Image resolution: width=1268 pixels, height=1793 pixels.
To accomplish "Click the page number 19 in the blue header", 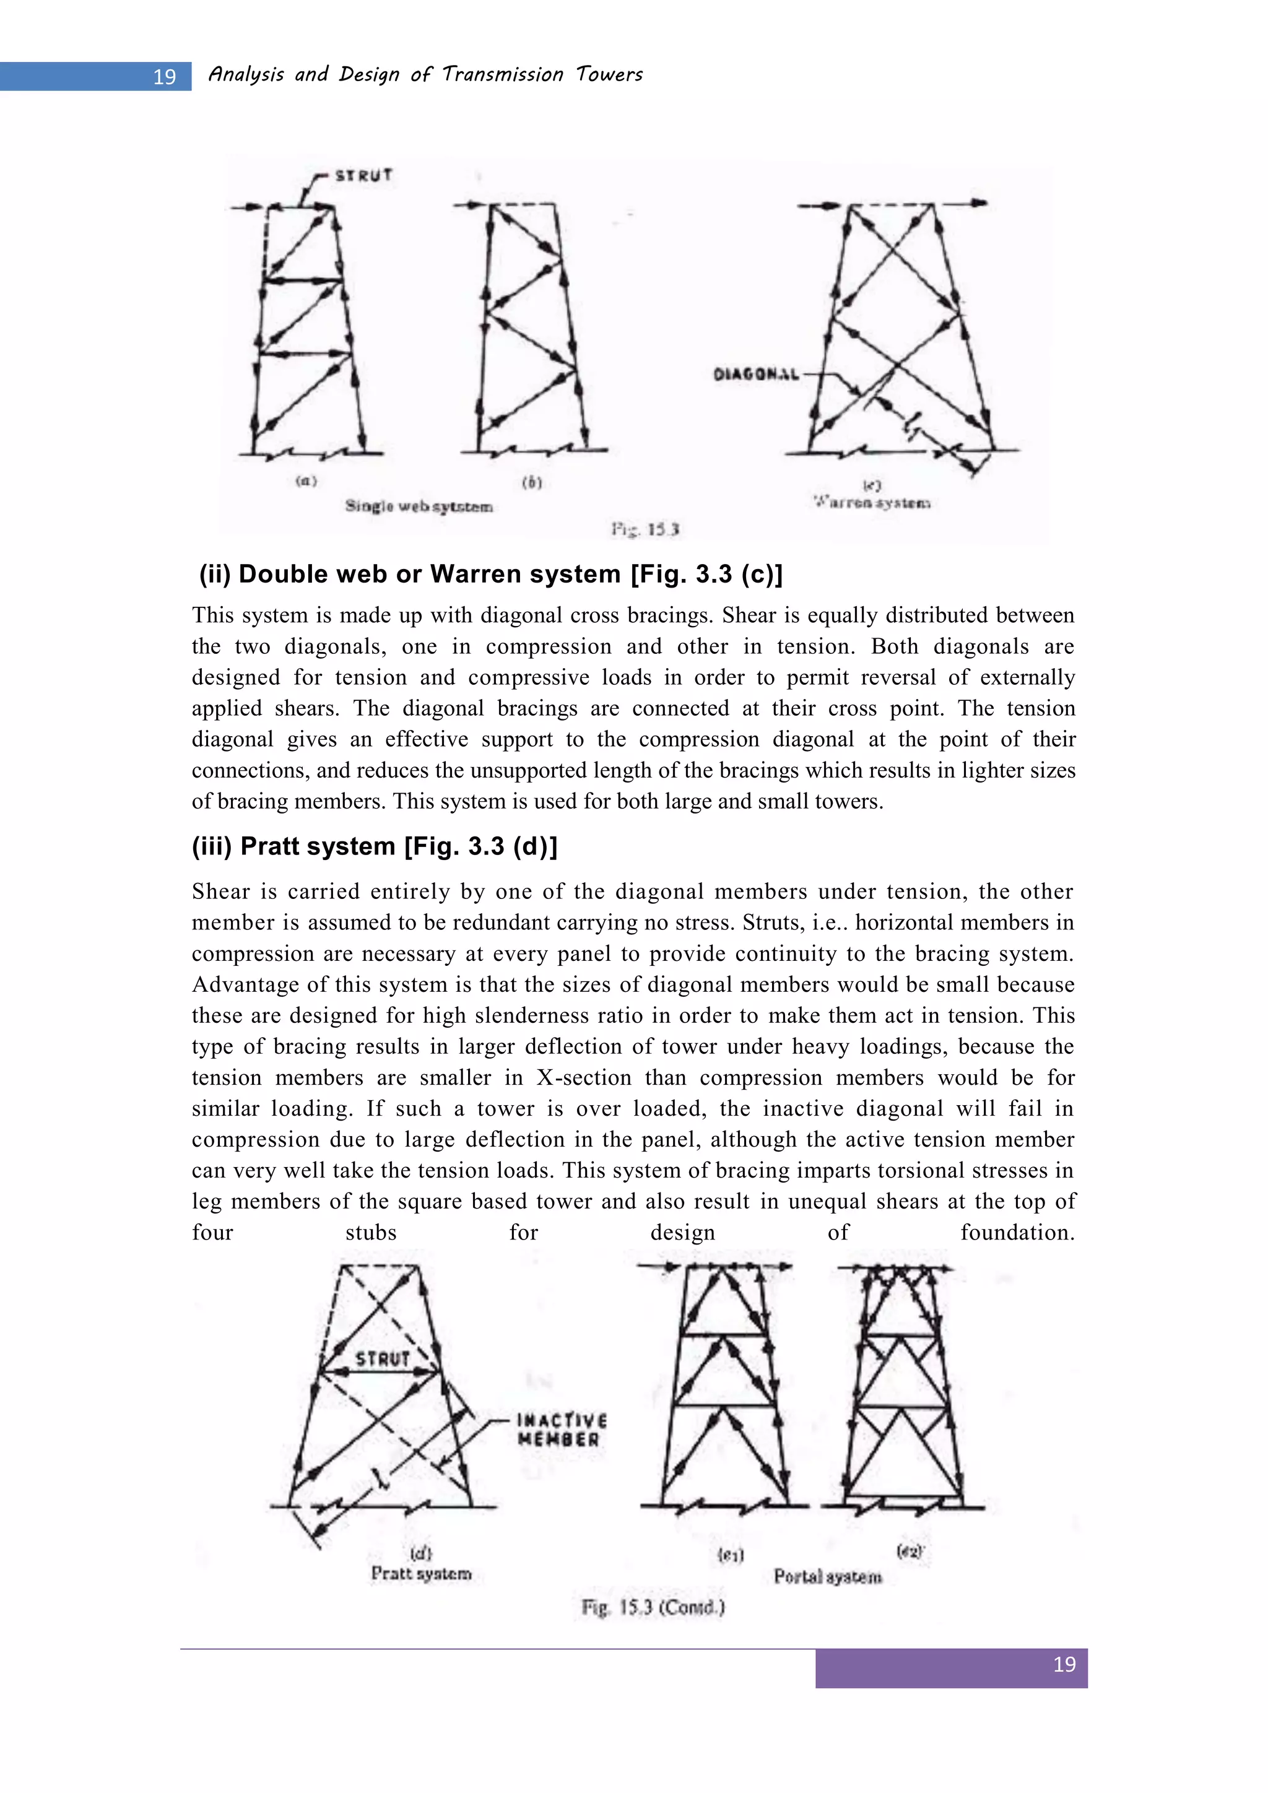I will pyautogui.click(x=164, y=77).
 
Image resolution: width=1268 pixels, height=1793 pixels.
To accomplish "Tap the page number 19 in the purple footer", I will pyautogui.click(x=1064, y=1664).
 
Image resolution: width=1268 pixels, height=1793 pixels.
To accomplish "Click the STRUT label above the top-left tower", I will pyautogui.click(x=363, y=176).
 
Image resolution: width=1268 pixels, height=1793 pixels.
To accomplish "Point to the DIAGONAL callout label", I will pyautogui.click(x=756, y=375).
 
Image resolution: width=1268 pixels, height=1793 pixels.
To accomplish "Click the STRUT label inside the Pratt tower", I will pyautogui.click(x=383, y=1359).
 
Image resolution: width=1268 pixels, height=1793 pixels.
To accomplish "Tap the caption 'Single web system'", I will pyautogui.click(x=419, y=507).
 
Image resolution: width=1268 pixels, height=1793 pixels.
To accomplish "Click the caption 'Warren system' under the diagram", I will pyautogui.click(x=872, y=503).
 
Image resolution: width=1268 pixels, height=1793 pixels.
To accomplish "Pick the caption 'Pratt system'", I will pyautogui.click(x=421, y=1574).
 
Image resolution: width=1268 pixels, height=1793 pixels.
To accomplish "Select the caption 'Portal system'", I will pyautogui.click(x=828, y=1577).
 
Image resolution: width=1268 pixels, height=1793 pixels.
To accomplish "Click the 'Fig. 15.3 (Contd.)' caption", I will pyautogui.click(x=653, y=1607).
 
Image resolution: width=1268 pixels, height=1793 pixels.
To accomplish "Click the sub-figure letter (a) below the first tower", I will pyautogui.click(x=306, y=481).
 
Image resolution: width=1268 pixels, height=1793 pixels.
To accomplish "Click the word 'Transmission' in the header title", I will pyautogui.click(x=502, y=74).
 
